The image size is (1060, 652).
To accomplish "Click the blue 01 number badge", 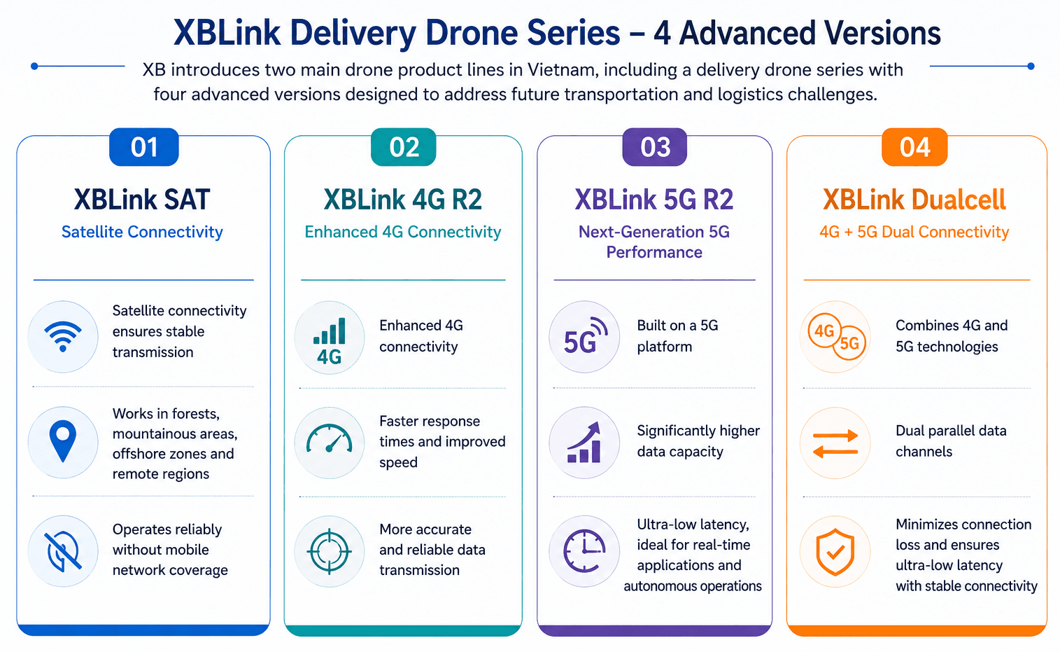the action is click(144, 147).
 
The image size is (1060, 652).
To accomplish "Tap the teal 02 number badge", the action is click(404, 147).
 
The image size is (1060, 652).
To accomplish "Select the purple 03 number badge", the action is click(655, 147).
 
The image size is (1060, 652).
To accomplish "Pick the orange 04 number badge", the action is click(914, 147).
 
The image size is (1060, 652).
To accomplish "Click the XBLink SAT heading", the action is click(142, 200).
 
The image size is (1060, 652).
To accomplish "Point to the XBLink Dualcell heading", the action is click(914, 200).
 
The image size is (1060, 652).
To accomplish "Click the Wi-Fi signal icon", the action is click(63, 337).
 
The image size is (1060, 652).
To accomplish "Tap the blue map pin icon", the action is click(63, 441).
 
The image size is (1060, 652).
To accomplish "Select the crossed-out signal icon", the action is click(63, 551).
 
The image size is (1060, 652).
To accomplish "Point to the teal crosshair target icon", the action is click(330, 552).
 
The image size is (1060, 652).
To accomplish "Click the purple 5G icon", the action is click(585, 337).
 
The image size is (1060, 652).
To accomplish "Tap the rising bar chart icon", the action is click(584, 442).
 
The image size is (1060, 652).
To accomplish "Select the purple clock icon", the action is click(584, 551).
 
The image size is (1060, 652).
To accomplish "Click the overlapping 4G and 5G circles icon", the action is click(837, 337).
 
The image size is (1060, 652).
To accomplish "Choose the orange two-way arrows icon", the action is click(835, 444).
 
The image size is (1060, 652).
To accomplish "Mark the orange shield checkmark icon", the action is click(835, 552).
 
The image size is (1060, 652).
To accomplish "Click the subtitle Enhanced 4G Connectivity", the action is click(403, 232).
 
